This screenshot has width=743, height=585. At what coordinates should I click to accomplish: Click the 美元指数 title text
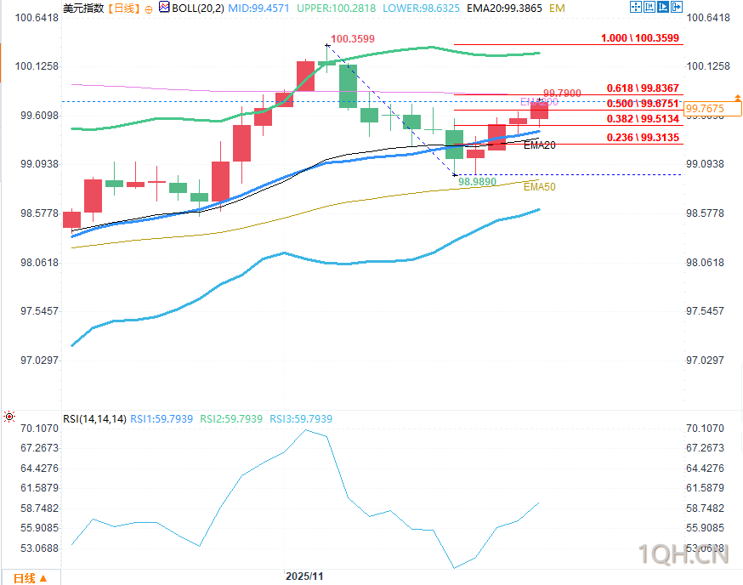pyautogui.click(x=83, y=8)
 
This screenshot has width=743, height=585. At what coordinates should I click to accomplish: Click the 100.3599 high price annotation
pyautogui.click(x=353, y=39)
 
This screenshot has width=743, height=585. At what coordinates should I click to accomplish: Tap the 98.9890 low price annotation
pyautogui.click(x=477, y=182)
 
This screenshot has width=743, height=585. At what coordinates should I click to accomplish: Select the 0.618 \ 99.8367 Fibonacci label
pyautogui.click(x=643, y=88)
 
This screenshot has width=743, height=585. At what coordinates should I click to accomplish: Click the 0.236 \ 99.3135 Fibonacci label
pyautogui.click(x=643, y=137)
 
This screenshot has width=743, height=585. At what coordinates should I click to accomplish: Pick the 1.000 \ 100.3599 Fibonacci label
pyautogui.click(x=641, y=38)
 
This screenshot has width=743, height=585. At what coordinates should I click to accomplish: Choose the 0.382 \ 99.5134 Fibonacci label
pyautogui.click(x=643, y=119)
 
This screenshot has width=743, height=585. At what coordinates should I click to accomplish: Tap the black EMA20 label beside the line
pyautogui.click(x=540, y=145)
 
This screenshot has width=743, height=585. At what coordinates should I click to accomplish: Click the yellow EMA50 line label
pyautogui.click(x=539, y=186)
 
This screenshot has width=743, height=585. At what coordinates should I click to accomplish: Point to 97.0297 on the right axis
pyautogui.click(x=706, y=360)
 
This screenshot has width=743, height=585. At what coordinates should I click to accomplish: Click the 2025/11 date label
pyautogui.click(x=304, y=576)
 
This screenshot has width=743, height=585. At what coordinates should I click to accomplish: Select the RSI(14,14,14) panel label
pyautogui.click(x=94, y=419)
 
